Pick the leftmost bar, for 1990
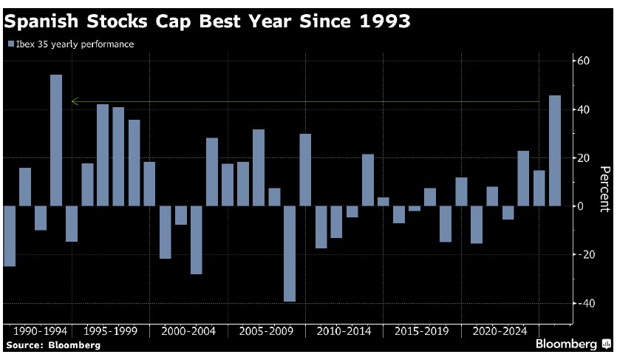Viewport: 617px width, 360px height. (x=10, y=236)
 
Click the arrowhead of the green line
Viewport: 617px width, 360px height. (x=73, y=102)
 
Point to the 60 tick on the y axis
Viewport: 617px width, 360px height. (x=584, y=61)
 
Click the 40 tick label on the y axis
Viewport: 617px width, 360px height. (x=584, y=109)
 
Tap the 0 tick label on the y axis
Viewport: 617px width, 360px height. (x=581, y=206)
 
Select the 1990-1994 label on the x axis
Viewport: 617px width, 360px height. (x=36, y=332)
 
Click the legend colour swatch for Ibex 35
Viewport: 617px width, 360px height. (x=10, y=44)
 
